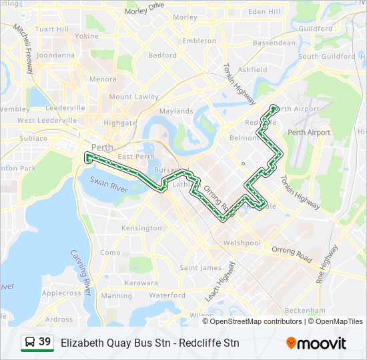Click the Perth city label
pyautogui.click(x=102, y=147)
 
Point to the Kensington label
pyautogui.click(x=141, y=228)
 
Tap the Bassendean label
pyautogui.click(x=274, y=43)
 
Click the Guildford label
pyautogui.click(x=316, y=29)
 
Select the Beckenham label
pyautogui.click(x=305, y=311)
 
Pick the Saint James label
pyautogui.click(x=200, y=268)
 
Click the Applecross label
pyautogui.click(x=61, y=293)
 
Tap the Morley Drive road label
pyautogui.click(x=144, y=9)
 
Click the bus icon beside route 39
pyautogui.click(x=30, y=343)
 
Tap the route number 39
pyautogui.click(x=45, y=342)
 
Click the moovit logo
pyautogui.click(x=316, y=343)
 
